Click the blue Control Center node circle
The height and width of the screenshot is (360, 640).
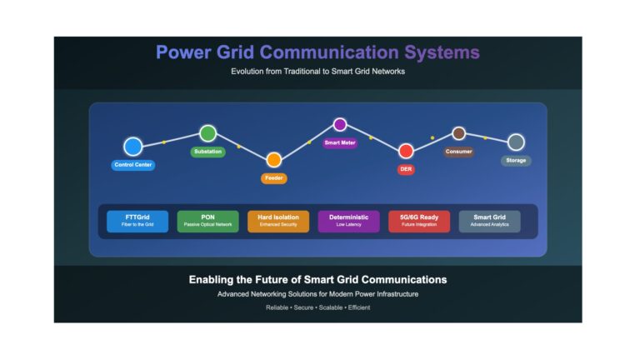pos(133,147)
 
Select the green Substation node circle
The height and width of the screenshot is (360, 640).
pos(207,133)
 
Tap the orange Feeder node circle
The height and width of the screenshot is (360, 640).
pos(274,160)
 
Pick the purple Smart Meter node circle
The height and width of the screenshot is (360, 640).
pos(340,124)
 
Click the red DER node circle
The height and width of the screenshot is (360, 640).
pos(406,151)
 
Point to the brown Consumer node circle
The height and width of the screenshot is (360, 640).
pos(459,133)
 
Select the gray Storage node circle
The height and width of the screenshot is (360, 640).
pos(516,142)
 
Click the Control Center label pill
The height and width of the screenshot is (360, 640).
pos(133,165)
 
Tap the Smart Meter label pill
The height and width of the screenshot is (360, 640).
pos(340,142)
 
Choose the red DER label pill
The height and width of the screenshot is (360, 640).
pos(406,169)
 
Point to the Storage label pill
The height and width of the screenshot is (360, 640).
pos(516,160)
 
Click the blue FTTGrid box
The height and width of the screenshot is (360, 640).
pos(137,221)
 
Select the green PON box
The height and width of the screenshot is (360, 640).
pos(207,221)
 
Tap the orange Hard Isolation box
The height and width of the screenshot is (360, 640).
pos(278,221)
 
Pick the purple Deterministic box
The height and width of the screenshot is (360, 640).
pos(348,221)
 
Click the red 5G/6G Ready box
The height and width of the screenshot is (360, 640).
pos(419,221)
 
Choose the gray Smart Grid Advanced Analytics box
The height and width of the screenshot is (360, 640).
pos(489,221)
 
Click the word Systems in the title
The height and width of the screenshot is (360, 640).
pos(442,52)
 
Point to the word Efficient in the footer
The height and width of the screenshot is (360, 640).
pos(359,307)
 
